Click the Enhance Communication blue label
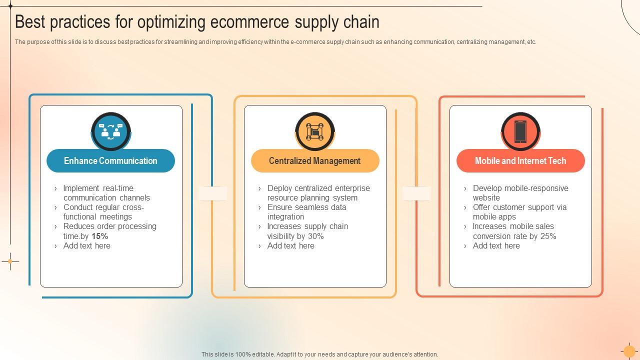point(110,161)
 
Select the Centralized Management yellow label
point(314,161)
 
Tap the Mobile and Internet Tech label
point(520,161)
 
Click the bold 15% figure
point(100,236)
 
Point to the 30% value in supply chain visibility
point(316,236)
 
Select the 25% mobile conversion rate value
point(548,236)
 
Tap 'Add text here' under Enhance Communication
point(86,245)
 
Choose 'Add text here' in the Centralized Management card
point(290,245)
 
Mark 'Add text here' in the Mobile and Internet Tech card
point(496,245)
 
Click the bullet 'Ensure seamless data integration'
point(306,212)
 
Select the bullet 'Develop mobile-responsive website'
point(520,192)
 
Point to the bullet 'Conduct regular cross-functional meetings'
point(103,212)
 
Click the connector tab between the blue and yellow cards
point(212,193)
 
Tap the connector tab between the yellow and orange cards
point(416,193)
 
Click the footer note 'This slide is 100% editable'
point(319,354)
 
